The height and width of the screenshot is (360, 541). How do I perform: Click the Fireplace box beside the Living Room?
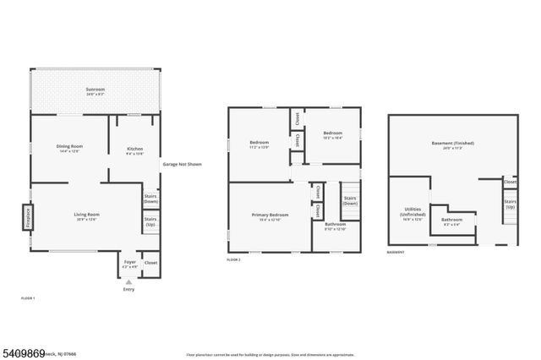(27, 215)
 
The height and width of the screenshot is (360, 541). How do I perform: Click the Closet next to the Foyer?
(150, 263)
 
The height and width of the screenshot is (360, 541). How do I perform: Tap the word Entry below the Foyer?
(128, 290)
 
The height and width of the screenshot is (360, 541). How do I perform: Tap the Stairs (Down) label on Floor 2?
(349, 201)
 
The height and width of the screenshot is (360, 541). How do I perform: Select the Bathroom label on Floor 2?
(335, 226)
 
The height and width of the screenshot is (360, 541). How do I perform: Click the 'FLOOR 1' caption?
(28, 299)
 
